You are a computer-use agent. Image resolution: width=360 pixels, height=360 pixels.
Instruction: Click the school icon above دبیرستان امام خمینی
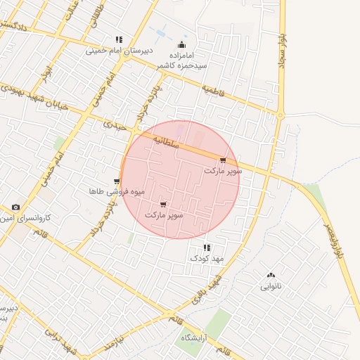[119, 40]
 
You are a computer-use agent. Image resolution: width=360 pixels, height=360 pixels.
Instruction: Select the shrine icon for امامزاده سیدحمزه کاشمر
[181, 45]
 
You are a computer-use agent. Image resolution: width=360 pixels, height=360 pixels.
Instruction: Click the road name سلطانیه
[188, 141]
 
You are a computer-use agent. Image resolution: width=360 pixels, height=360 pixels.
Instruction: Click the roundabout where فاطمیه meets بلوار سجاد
[281, 115]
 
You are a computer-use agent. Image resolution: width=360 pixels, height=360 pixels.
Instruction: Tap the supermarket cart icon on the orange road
[224, 161]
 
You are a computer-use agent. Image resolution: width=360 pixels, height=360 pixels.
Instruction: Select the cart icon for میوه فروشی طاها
[117, 181]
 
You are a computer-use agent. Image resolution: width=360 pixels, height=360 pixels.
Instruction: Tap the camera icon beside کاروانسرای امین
[15, 207]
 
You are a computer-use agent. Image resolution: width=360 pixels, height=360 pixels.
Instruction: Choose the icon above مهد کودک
[206, 247]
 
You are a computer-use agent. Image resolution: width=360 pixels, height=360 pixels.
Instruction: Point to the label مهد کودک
[206, 259]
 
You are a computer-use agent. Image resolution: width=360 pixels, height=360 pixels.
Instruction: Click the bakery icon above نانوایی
[271, 275]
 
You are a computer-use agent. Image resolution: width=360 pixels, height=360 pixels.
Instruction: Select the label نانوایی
[271, 286]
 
